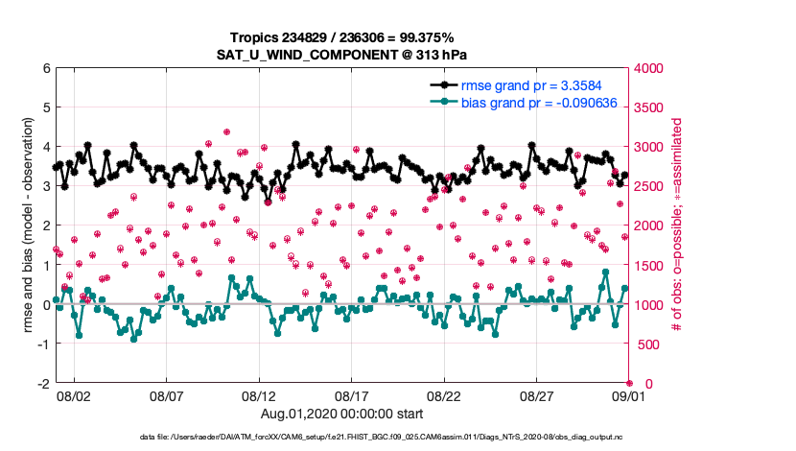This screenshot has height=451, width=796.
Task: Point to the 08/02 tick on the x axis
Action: (74, 395)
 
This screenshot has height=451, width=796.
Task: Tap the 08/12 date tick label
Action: (259, 395)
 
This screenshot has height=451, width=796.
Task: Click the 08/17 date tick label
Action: (352, 395)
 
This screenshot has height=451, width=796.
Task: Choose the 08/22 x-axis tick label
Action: (444, 395)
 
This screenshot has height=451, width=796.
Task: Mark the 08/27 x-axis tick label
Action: (537, 395)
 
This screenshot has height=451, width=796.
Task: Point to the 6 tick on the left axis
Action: (45, 69)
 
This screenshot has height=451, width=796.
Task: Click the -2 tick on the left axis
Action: (43, 383)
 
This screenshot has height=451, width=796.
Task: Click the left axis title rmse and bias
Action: (29, 226)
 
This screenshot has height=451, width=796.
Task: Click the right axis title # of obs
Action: (677, 226)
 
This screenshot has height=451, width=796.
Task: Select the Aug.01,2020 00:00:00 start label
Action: (342, 414)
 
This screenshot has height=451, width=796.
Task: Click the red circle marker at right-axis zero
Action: (629, 383)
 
